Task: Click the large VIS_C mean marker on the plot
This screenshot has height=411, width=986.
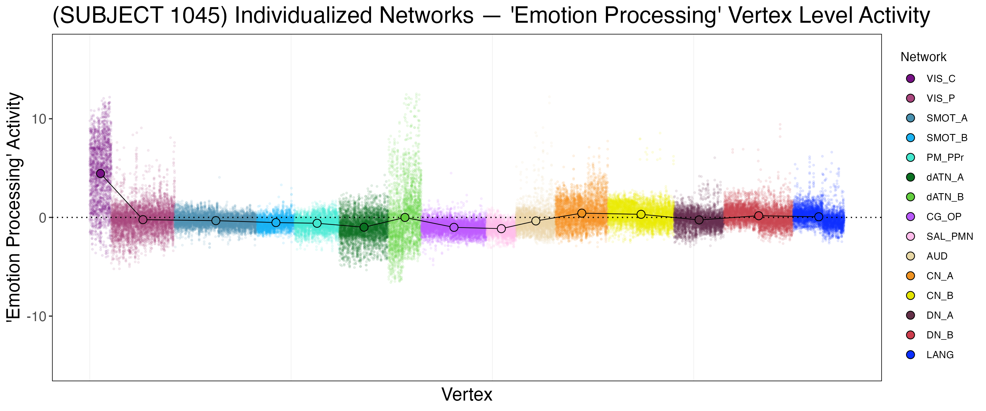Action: pyautogui.click(x=100, y=173)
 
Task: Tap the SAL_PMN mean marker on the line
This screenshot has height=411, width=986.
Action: pyautogui.click(x=501, y=229)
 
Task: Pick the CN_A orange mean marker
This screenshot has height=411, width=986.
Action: pyautogui.click(x=582, y=213)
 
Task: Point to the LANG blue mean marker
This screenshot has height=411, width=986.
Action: pyautogui.click(x=818, y=217)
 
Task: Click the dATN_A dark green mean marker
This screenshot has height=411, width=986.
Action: pyautogui.click(x=364, y=227)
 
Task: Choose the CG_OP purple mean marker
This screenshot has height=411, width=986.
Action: pyautogui.click(x=454, y=227)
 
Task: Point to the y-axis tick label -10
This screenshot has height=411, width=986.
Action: pyautogui.click(x=36, y=317)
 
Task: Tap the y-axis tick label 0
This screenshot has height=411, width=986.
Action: pyautogui.click(x=42, y=218)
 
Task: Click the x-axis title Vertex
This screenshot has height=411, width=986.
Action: pyautogui.click(x=467, y=395)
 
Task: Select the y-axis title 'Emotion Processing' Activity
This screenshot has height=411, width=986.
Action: pyautogui.click(x=14, y=207)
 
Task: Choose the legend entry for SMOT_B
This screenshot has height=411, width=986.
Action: pyautogui.click(x=946, y=138)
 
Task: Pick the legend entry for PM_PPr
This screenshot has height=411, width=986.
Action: pyautogui.click(x=944, y=158)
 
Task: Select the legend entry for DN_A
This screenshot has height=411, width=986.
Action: pyautogui.click(x=939, y=315)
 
